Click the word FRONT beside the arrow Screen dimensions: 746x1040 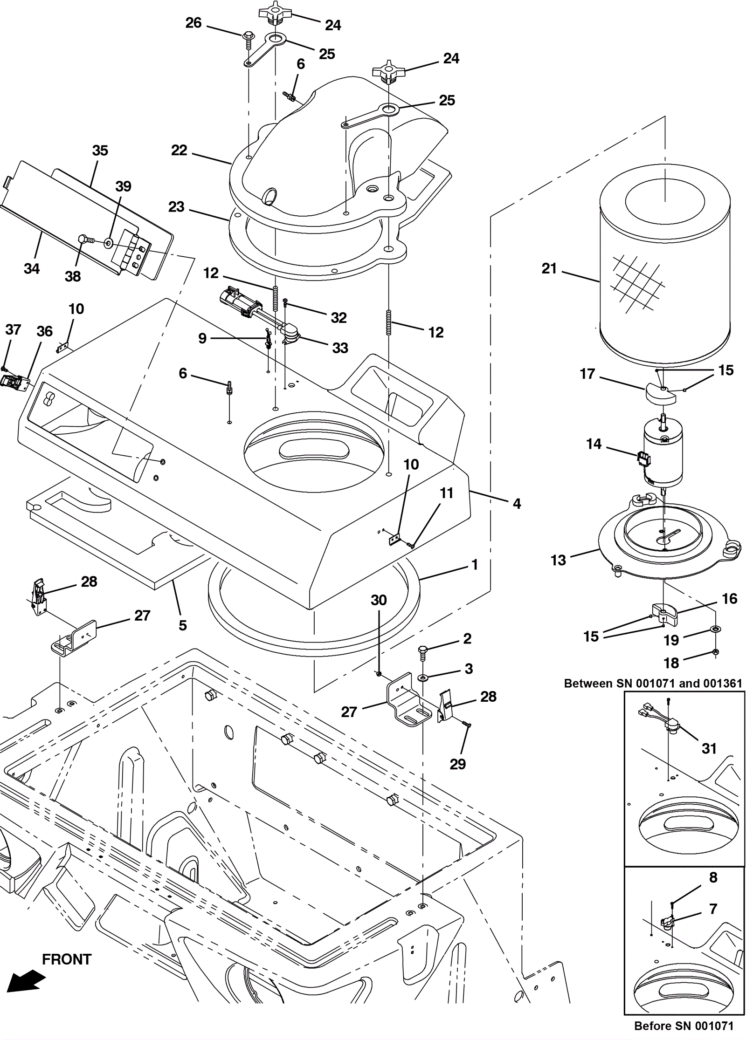67,959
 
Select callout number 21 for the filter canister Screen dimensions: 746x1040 549,268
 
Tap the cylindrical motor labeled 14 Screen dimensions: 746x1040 662,452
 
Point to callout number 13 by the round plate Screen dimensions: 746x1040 558,560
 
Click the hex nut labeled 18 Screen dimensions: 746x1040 716,652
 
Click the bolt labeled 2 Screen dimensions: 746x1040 423,653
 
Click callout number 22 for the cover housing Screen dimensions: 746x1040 179,150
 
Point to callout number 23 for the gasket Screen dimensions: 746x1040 176,206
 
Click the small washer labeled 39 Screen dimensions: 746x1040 109,243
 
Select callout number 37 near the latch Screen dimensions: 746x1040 13,329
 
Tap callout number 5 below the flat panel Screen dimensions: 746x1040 183,625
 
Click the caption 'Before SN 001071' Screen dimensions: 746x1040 684,1026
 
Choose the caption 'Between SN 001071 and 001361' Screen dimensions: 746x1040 653,683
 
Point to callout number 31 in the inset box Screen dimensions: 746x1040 709,748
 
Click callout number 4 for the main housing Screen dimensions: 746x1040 517,503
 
